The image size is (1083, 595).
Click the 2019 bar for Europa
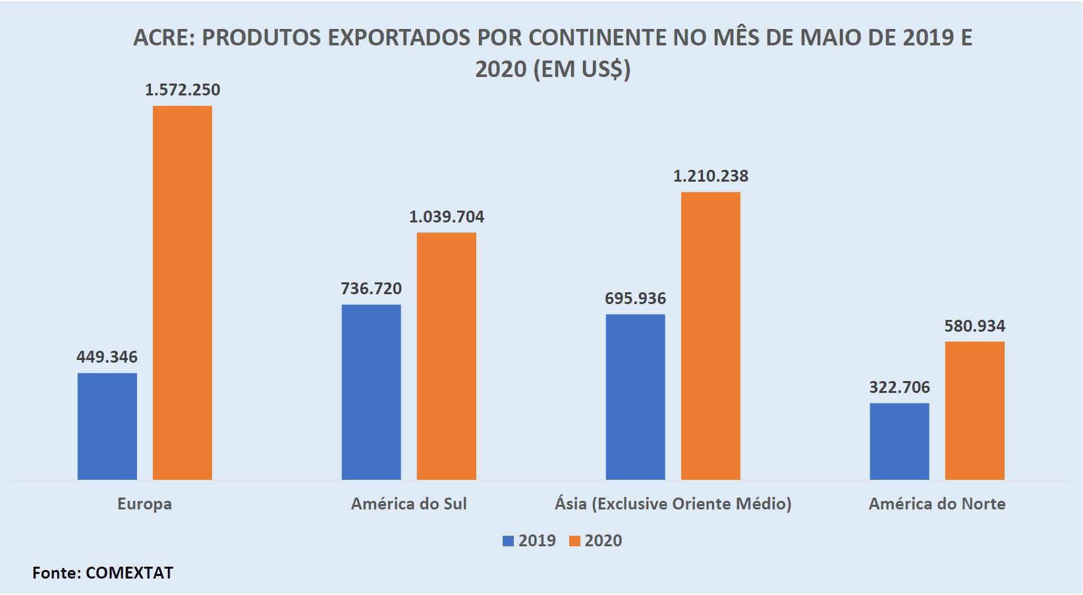pos(107,426)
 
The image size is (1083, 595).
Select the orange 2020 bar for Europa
pos(182,292)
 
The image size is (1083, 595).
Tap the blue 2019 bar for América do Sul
pos(371,392)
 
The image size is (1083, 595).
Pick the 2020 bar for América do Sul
pos(446,355)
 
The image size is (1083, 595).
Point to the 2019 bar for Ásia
pos(635,397)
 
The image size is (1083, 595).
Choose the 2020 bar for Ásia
pos(710,336)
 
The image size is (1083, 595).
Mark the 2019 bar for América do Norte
pos(899,441)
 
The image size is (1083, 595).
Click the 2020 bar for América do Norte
pos(974,410)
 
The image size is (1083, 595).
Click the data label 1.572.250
pos(182,90)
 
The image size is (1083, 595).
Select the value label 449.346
pos(107,357)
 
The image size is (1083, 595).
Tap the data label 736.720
pos(371,289)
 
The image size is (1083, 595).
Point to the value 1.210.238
pos(710,176)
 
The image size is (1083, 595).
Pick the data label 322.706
pos(899,388)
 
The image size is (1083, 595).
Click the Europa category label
pos(144,504)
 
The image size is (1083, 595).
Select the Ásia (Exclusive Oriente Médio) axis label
pos(673,504)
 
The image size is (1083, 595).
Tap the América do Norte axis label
pos(937,504)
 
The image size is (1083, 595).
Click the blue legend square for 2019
pos(508,541)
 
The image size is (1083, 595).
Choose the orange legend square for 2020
pos(574,541)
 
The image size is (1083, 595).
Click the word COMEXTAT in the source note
pos(129,573)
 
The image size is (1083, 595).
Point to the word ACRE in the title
pos(161,38)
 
